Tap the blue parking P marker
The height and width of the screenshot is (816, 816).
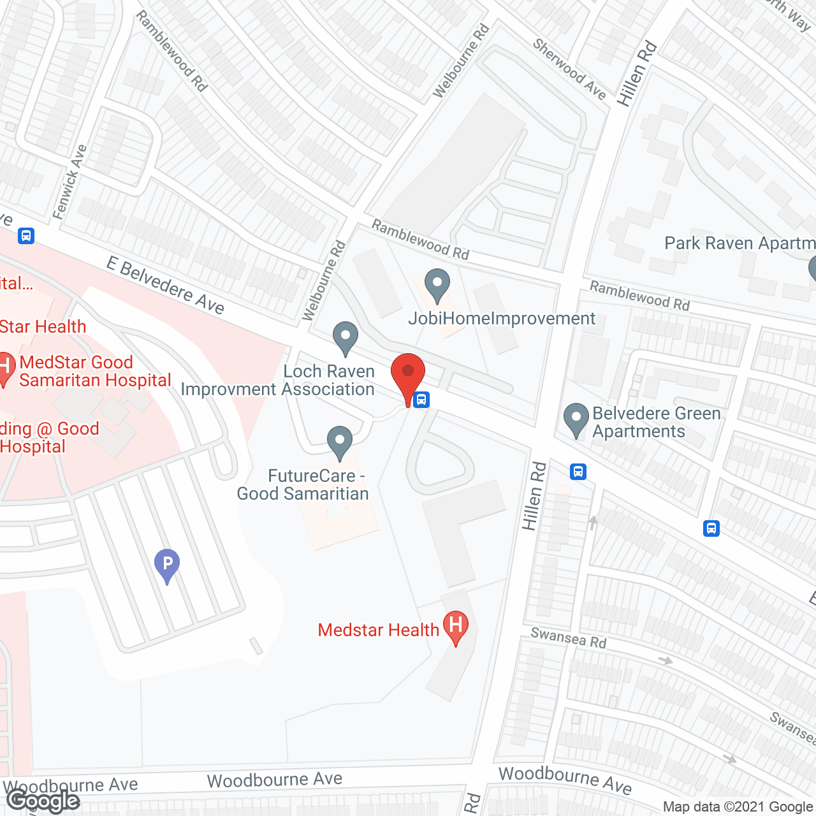167,565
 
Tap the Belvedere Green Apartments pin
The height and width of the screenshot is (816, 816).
576,419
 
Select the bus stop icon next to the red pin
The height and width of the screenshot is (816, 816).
421,400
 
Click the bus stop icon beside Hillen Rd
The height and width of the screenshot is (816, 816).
578,472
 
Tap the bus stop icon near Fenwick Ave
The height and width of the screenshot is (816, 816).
25,236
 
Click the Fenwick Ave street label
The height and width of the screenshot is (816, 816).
70,182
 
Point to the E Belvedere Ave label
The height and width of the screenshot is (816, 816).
165,286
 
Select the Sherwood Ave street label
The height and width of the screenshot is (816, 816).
569,69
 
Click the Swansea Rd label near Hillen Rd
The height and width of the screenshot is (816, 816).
568,637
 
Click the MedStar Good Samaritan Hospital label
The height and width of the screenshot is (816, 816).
95,371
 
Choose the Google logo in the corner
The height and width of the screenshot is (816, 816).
43,801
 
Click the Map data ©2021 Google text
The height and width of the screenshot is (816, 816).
738,807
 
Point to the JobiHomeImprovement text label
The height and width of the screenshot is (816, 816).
502,318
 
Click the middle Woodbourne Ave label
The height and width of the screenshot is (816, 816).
275,780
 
